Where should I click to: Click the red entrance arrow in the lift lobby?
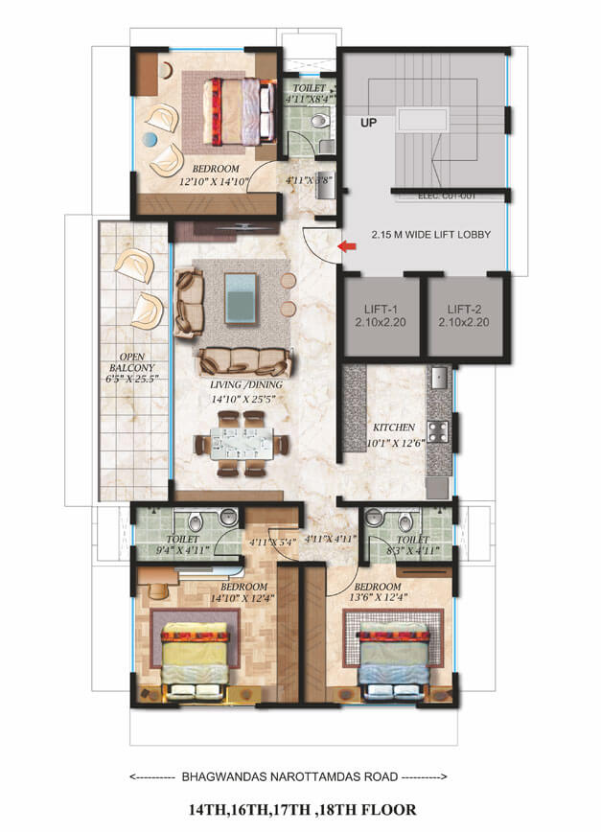[x=347, y=247]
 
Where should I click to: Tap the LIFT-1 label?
[x=381, y=310]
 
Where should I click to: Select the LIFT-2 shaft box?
[x=465, y=315]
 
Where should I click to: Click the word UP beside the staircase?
[x=368, y=123]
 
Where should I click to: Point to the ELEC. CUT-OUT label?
[x=448, y=196]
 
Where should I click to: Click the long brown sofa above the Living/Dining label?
[x=244, y=361]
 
